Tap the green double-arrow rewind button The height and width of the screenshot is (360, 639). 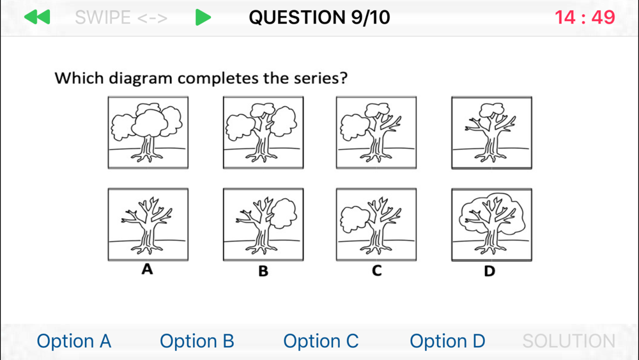(x=37, y=17)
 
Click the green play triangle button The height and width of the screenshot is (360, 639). (x=203, y=17)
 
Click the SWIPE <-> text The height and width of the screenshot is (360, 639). (x=121, y=17)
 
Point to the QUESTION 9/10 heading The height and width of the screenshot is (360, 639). (x=319, y=17)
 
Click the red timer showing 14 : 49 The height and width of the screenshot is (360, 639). (x=585, y=17)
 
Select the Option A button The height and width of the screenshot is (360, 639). (x=73, y=341)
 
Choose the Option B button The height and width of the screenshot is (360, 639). (x=197, y=341)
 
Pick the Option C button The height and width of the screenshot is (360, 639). (x=321, y=341)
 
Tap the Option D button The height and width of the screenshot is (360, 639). (x=447, y=341)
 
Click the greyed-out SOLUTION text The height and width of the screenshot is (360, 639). (x=569, y=341)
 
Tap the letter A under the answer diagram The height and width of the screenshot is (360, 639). (x=147, y=269)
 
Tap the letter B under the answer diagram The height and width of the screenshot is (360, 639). (x=263, y=271)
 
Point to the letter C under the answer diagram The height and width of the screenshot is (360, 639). (x=376, y=270)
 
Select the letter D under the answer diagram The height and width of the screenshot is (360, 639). (x=489, y=271)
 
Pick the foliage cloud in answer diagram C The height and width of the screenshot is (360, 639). (x=355, y=219)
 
